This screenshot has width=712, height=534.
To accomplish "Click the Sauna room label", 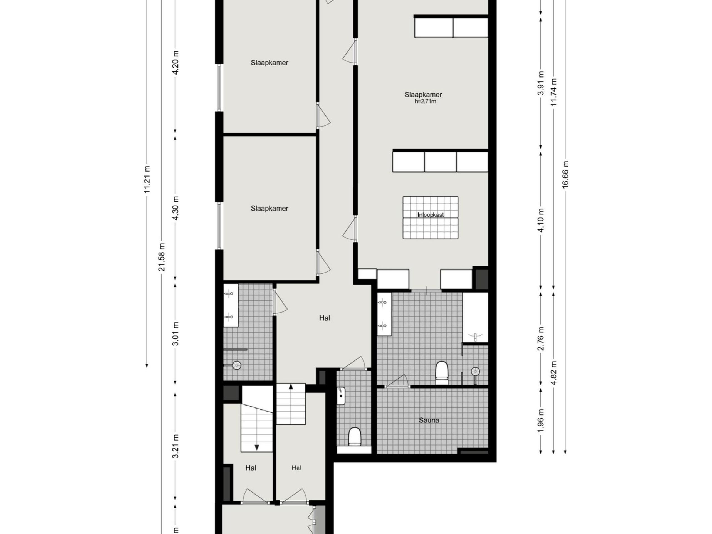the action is (429, 420).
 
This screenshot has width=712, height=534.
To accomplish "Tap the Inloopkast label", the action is (431, 215).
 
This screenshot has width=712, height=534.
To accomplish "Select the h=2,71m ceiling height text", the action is (426, 102).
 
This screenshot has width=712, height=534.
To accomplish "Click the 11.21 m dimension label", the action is (147, 179).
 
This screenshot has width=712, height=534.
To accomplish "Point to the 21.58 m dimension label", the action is (162, 257).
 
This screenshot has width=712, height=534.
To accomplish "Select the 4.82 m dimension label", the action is (554, 373).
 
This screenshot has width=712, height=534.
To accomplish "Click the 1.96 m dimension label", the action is (541, 421).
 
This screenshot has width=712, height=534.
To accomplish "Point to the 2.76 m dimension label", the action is (541, 339).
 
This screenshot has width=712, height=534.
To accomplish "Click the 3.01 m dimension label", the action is (176, 333).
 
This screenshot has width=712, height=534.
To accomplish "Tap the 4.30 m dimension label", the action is (176, 208).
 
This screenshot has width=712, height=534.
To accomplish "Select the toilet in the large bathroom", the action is (442, 373).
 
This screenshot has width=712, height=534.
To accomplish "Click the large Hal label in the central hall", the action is (325, 318).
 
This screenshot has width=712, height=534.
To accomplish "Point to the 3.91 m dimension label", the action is (541, 83).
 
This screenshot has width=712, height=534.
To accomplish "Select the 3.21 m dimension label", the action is (176, 446).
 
